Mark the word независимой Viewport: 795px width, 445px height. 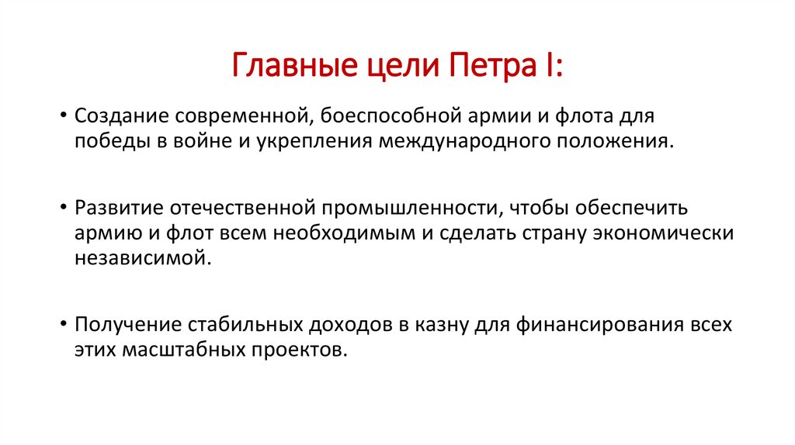pyautogui.click(x=143, y=257)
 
